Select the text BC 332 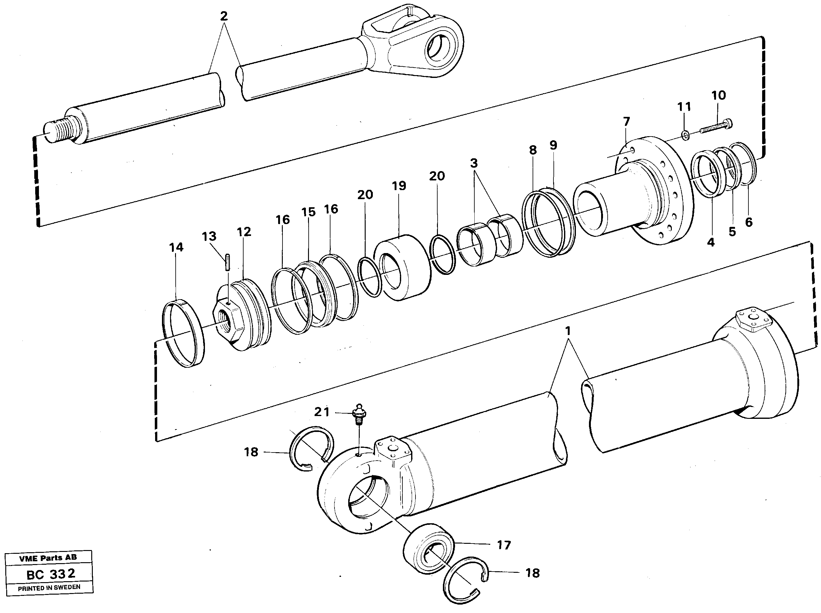[51, 574]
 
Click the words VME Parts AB [49, 557]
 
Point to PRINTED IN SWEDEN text [49, 587]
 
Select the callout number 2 [224, 16]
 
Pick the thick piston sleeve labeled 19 [402, 267]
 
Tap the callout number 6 [749, 222]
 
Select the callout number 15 [308, 212]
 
